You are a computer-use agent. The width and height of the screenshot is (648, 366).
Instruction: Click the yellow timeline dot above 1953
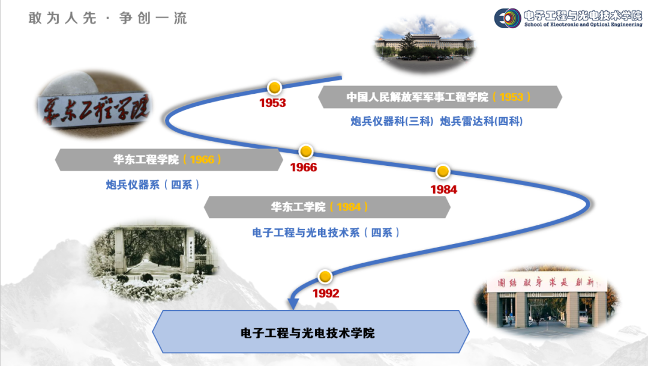point(274,88)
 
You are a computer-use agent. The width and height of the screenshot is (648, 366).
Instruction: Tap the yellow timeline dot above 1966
point(306,151)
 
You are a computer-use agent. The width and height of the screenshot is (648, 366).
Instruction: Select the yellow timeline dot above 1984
point(443,171)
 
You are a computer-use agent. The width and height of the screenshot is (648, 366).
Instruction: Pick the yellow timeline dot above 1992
point(325,276)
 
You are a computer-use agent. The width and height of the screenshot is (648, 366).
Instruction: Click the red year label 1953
point(272,103)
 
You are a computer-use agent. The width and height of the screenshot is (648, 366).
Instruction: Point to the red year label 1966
point(304,167)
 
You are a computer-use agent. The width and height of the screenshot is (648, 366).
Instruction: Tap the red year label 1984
point(444,190)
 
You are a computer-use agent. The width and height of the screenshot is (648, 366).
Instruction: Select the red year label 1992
point(326,293)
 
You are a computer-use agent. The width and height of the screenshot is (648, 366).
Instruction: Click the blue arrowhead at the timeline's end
point(293,303)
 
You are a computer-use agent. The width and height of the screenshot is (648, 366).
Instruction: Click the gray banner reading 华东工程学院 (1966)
point(169,160)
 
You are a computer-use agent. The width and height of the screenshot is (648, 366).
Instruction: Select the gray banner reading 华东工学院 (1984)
point(327,207)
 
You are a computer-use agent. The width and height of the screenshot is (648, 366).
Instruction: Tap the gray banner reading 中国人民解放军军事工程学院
point(440,97)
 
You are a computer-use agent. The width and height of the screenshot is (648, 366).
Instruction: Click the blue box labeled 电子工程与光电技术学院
point(311,332)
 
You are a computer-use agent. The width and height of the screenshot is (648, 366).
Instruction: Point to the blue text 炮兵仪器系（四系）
point(152,185)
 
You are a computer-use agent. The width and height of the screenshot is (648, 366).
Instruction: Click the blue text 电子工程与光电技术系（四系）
point(326,233)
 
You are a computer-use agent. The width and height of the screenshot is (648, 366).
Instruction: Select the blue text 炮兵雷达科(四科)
point(481,121)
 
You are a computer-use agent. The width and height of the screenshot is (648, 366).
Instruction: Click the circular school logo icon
point(507,18)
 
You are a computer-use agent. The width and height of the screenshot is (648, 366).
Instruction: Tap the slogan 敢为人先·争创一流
point(108,18)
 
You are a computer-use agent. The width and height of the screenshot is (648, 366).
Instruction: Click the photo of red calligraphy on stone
point(94,103)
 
